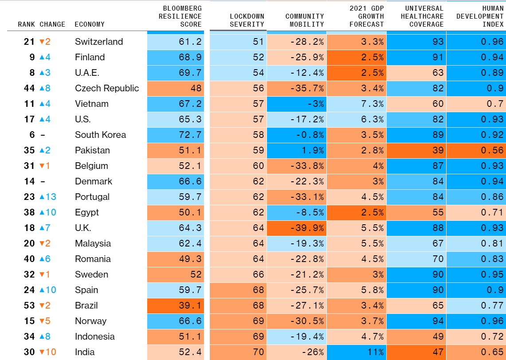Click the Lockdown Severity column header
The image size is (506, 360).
click(247, 20)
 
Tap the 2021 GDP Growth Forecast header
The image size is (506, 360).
click(366, 16)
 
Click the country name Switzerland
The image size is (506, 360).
click(99, 42)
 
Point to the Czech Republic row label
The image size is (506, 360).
click(107, 88)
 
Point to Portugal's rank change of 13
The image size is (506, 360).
click(48, 197)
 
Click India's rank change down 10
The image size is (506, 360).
click(48, 352)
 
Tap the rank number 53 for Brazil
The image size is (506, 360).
click(29, 305)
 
